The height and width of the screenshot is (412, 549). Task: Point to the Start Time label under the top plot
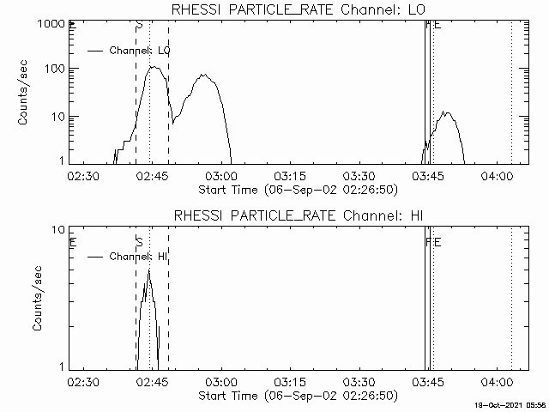coord(297,189)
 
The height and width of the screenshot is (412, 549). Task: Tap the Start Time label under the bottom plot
coord(297,395)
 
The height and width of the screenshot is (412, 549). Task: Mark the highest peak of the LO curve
coord(153,66)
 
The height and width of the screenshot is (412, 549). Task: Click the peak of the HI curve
coord(148,270)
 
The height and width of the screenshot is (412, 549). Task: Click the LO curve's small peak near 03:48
coord(443,112)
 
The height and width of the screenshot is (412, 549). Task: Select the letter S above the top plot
coord(139,27)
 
